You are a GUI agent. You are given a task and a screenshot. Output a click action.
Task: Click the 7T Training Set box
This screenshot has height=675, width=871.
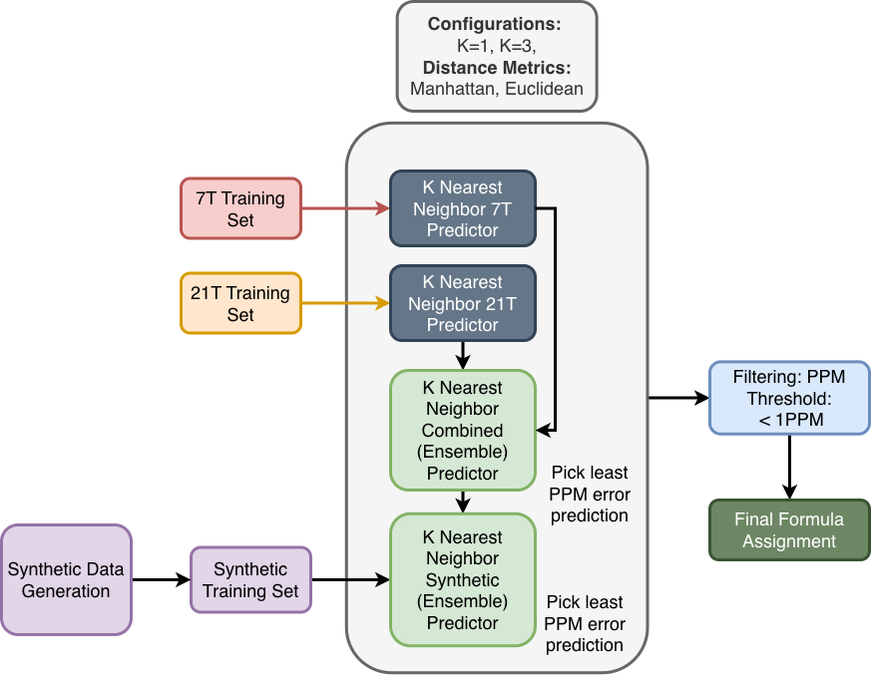(240, 208)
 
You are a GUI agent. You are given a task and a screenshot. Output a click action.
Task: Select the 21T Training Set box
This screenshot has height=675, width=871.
(240, 303)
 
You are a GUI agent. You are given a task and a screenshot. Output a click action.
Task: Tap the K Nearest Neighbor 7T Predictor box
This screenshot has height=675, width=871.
(462, 208)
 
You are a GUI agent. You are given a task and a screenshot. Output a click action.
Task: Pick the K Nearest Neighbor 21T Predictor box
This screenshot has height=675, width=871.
(462, 303)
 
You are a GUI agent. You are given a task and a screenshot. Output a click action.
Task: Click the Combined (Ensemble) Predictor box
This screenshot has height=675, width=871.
(462, 430)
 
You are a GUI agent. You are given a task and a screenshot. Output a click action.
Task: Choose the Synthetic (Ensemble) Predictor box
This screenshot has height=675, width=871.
(462, 579)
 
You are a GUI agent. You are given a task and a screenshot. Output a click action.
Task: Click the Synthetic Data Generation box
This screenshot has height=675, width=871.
(66, 579)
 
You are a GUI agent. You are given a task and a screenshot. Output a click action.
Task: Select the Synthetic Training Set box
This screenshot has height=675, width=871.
(250, 579)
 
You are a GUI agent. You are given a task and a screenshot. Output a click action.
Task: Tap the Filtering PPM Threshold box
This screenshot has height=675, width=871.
(789, 398)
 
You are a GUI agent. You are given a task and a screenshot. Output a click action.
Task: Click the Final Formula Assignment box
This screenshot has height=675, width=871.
(789, 530)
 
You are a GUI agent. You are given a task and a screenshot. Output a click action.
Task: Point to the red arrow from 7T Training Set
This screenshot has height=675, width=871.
(344, 208)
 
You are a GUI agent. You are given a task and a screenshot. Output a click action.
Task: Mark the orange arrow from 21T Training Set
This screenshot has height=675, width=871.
(344, 303)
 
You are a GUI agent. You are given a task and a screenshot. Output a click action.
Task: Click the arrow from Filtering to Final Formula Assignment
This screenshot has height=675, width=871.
(789, 466)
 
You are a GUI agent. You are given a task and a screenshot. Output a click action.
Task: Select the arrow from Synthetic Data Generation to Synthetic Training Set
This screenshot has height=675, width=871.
(161, 579)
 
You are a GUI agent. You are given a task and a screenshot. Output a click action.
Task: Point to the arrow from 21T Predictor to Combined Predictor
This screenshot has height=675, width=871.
(462, 355)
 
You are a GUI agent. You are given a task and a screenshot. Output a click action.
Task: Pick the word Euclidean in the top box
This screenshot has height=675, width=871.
(544, 89)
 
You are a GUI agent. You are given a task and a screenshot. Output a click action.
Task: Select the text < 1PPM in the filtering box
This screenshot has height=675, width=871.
(789, 420)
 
